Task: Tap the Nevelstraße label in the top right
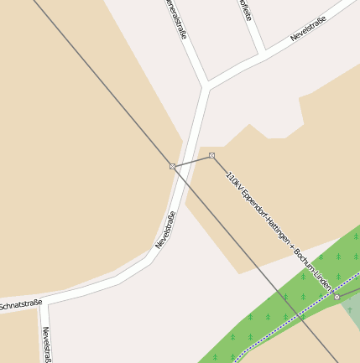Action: coord(307,29)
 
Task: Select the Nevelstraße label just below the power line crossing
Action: coord(166,229)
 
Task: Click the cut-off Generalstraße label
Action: coord(175,18)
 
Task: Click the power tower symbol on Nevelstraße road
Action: coord(172,167)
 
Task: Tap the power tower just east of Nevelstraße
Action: coord(211,155)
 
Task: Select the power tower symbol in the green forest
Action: coord(337,297)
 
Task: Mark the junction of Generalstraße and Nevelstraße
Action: coord(206,84)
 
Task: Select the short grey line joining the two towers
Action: coord(192,161)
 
